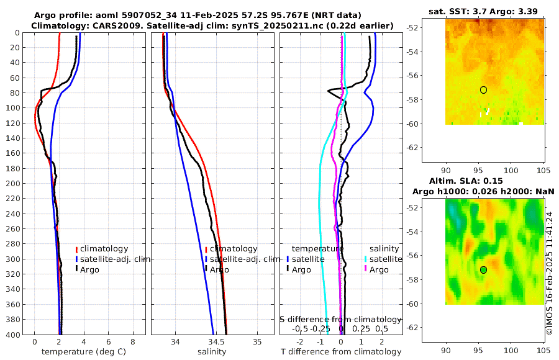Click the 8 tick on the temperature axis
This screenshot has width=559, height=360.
click(x=133, y=342)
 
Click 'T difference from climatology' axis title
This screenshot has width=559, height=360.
click(x=340, y=352)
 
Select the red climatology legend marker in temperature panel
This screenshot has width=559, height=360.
click(x=77, y=250)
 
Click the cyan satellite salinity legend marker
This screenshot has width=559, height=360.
click(x=366, y=259)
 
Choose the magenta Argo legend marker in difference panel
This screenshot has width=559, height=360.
click(x=366, y=269)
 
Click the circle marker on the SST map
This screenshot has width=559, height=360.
click(x=483, y=90)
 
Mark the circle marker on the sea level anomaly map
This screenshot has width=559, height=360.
click(x=483, y=270)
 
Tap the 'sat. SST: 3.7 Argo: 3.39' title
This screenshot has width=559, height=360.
click(x=483, y=11)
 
